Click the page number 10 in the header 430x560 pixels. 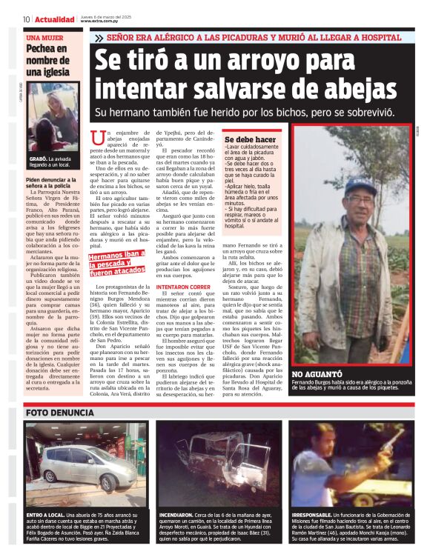26,19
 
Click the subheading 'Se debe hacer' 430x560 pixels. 250,139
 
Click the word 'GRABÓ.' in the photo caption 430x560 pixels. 39,159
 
